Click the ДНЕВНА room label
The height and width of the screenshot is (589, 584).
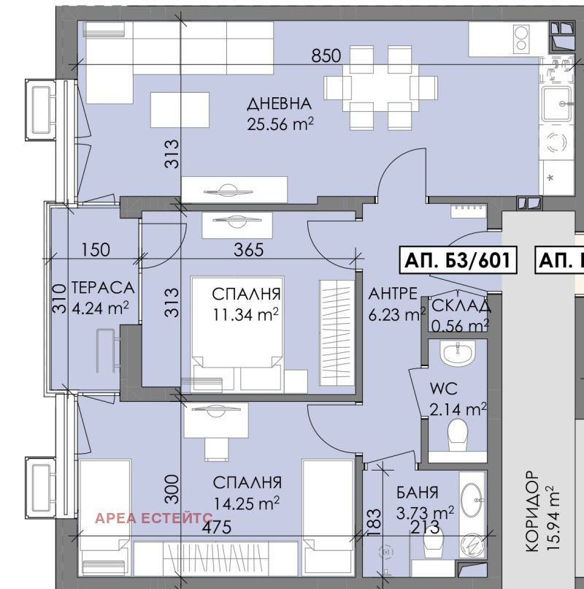[280, 104]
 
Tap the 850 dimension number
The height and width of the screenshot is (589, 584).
[326, 56]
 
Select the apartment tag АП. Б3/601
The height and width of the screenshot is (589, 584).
[458, 260]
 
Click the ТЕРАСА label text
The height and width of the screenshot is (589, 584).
[102, 288]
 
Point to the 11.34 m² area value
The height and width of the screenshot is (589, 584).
[246, 314]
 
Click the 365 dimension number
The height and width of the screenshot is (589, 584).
[248, 249]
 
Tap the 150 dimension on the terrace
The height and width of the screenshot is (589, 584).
[96, 249]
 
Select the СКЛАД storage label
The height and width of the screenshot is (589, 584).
[461, 306]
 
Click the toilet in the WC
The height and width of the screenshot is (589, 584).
[458, 435]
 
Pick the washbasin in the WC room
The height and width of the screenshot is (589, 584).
[458, 353]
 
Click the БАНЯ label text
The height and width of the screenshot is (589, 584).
[418, 493]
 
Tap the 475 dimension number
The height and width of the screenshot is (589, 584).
[217, 528]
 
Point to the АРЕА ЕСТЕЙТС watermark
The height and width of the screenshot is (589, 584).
[153, 518]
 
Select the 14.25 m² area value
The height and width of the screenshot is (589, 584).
[247, 503]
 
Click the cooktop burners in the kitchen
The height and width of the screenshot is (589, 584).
[521, 39]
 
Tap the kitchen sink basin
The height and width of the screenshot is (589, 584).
[556, 104]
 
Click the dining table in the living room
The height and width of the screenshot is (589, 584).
[380, 88]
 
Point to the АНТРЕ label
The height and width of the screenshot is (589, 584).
[393, 293]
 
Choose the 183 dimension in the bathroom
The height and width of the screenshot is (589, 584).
[374, 522]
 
